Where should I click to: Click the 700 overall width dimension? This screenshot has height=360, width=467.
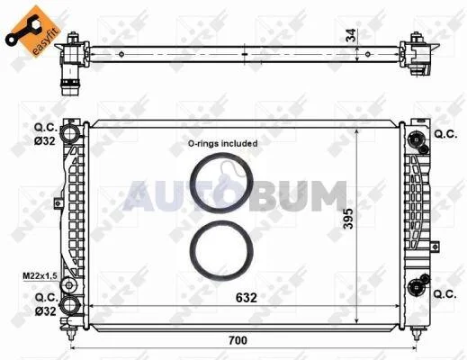(238, 340)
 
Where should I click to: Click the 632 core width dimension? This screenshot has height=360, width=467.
(247, 298)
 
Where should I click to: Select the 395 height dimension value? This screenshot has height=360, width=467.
(348, 219)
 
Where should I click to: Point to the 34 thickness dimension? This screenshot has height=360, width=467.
(351, 35)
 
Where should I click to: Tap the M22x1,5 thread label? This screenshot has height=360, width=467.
(40, 275)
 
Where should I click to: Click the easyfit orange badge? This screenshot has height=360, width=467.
(33, 30)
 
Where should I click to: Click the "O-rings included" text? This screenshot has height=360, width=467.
(222, 143)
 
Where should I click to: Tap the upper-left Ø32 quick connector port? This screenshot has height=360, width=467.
(69, 132)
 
